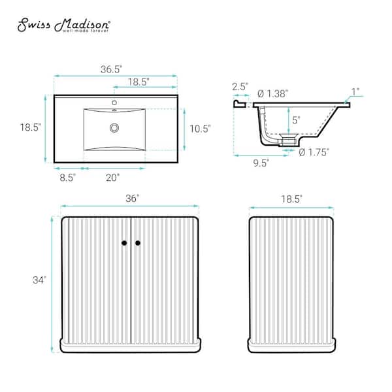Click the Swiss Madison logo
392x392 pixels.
click(x=63, y=25)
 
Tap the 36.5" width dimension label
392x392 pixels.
click(x=112, y=69)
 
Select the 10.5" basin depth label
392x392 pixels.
click(x=201, y=129)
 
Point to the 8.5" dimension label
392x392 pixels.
click(x=67, y=178)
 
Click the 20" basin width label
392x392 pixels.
click(x=113, y=178)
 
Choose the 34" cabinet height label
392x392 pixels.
click(x=39, y=280)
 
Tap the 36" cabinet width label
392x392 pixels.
click(x=132, y=199)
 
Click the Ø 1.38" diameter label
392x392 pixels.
click(x=272, y=94)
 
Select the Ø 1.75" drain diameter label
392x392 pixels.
click(x=314, y=152)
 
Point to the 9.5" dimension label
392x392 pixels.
click(x=261, y=163)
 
